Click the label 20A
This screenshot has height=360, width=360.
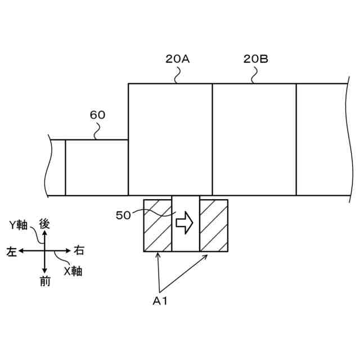coord(177,58)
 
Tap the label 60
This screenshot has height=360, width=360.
coord(97,115)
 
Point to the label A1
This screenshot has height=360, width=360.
coord(160,301)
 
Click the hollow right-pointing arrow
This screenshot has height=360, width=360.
coord(184,223)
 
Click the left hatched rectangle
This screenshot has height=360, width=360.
coord(158,226)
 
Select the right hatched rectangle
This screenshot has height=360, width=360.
coord(214,226)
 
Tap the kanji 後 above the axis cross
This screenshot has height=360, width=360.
coord(45,223)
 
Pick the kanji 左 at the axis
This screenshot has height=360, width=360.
coord(11,251)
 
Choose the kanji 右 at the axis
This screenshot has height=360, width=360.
coord(79,250)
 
